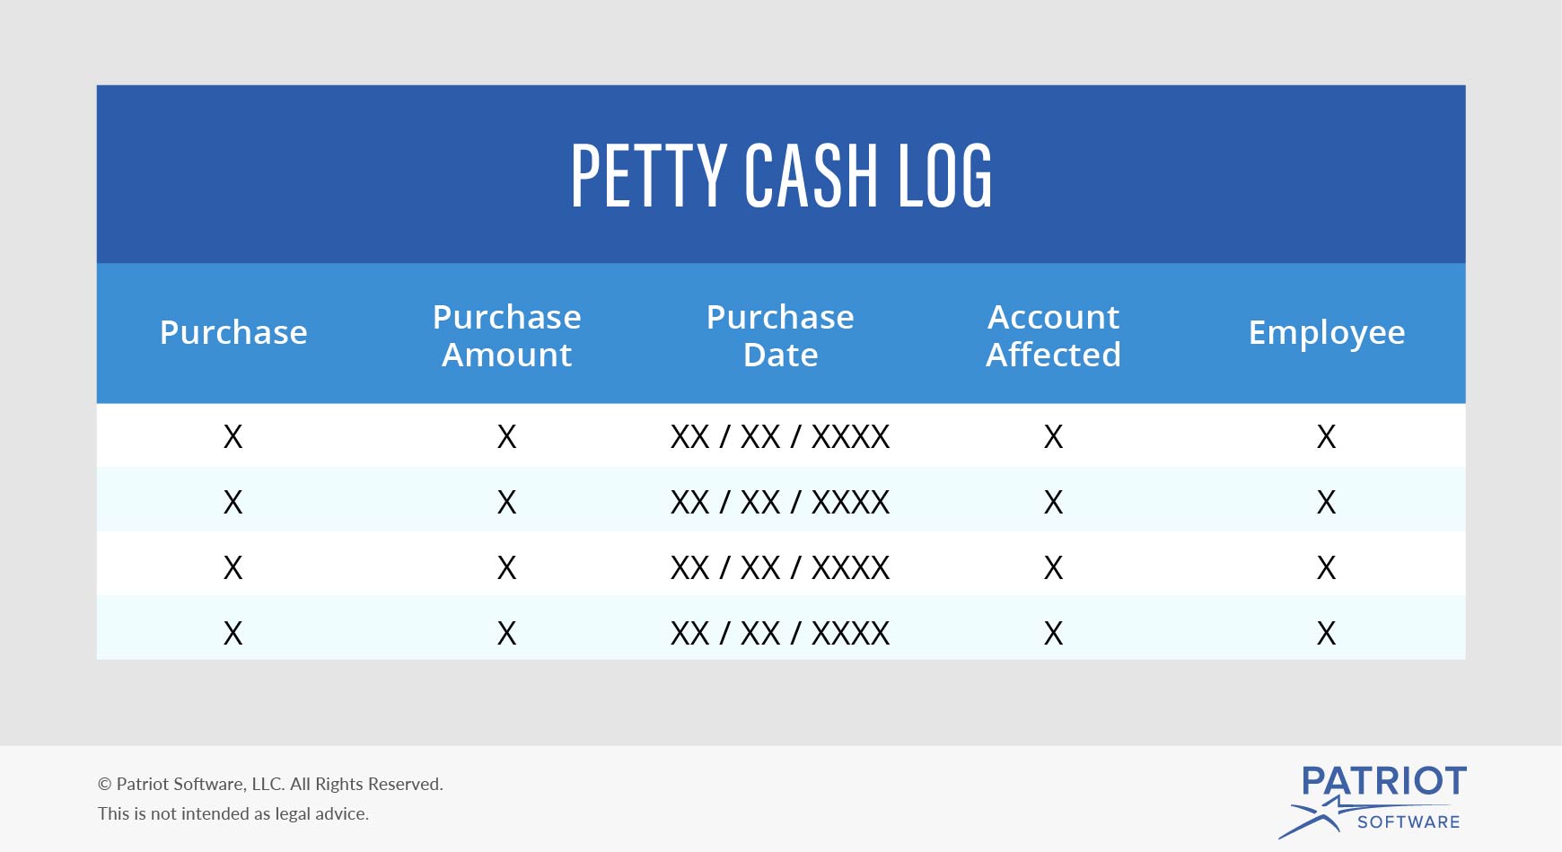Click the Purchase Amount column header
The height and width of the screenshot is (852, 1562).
507,335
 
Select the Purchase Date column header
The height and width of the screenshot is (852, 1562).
780,335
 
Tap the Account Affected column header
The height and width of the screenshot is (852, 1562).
1053,335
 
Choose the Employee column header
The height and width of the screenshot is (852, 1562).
1326,332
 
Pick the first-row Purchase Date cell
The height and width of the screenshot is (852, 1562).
780,436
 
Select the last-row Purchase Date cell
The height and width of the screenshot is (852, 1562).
780,633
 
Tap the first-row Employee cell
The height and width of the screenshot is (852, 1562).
1326,436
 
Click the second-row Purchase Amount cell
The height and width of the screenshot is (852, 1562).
507,502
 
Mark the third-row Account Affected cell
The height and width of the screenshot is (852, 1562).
1053,567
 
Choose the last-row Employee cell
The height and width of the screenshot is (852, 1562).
1326,633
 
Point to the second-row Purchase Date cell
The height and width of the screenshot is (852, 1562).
780,502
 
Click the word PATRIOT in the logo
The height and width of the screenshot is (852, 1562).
1383,781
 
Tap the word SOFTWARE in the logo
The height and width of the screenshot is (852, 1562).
1408,821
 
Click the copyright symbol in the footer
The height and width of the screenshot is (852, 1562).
104,784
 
